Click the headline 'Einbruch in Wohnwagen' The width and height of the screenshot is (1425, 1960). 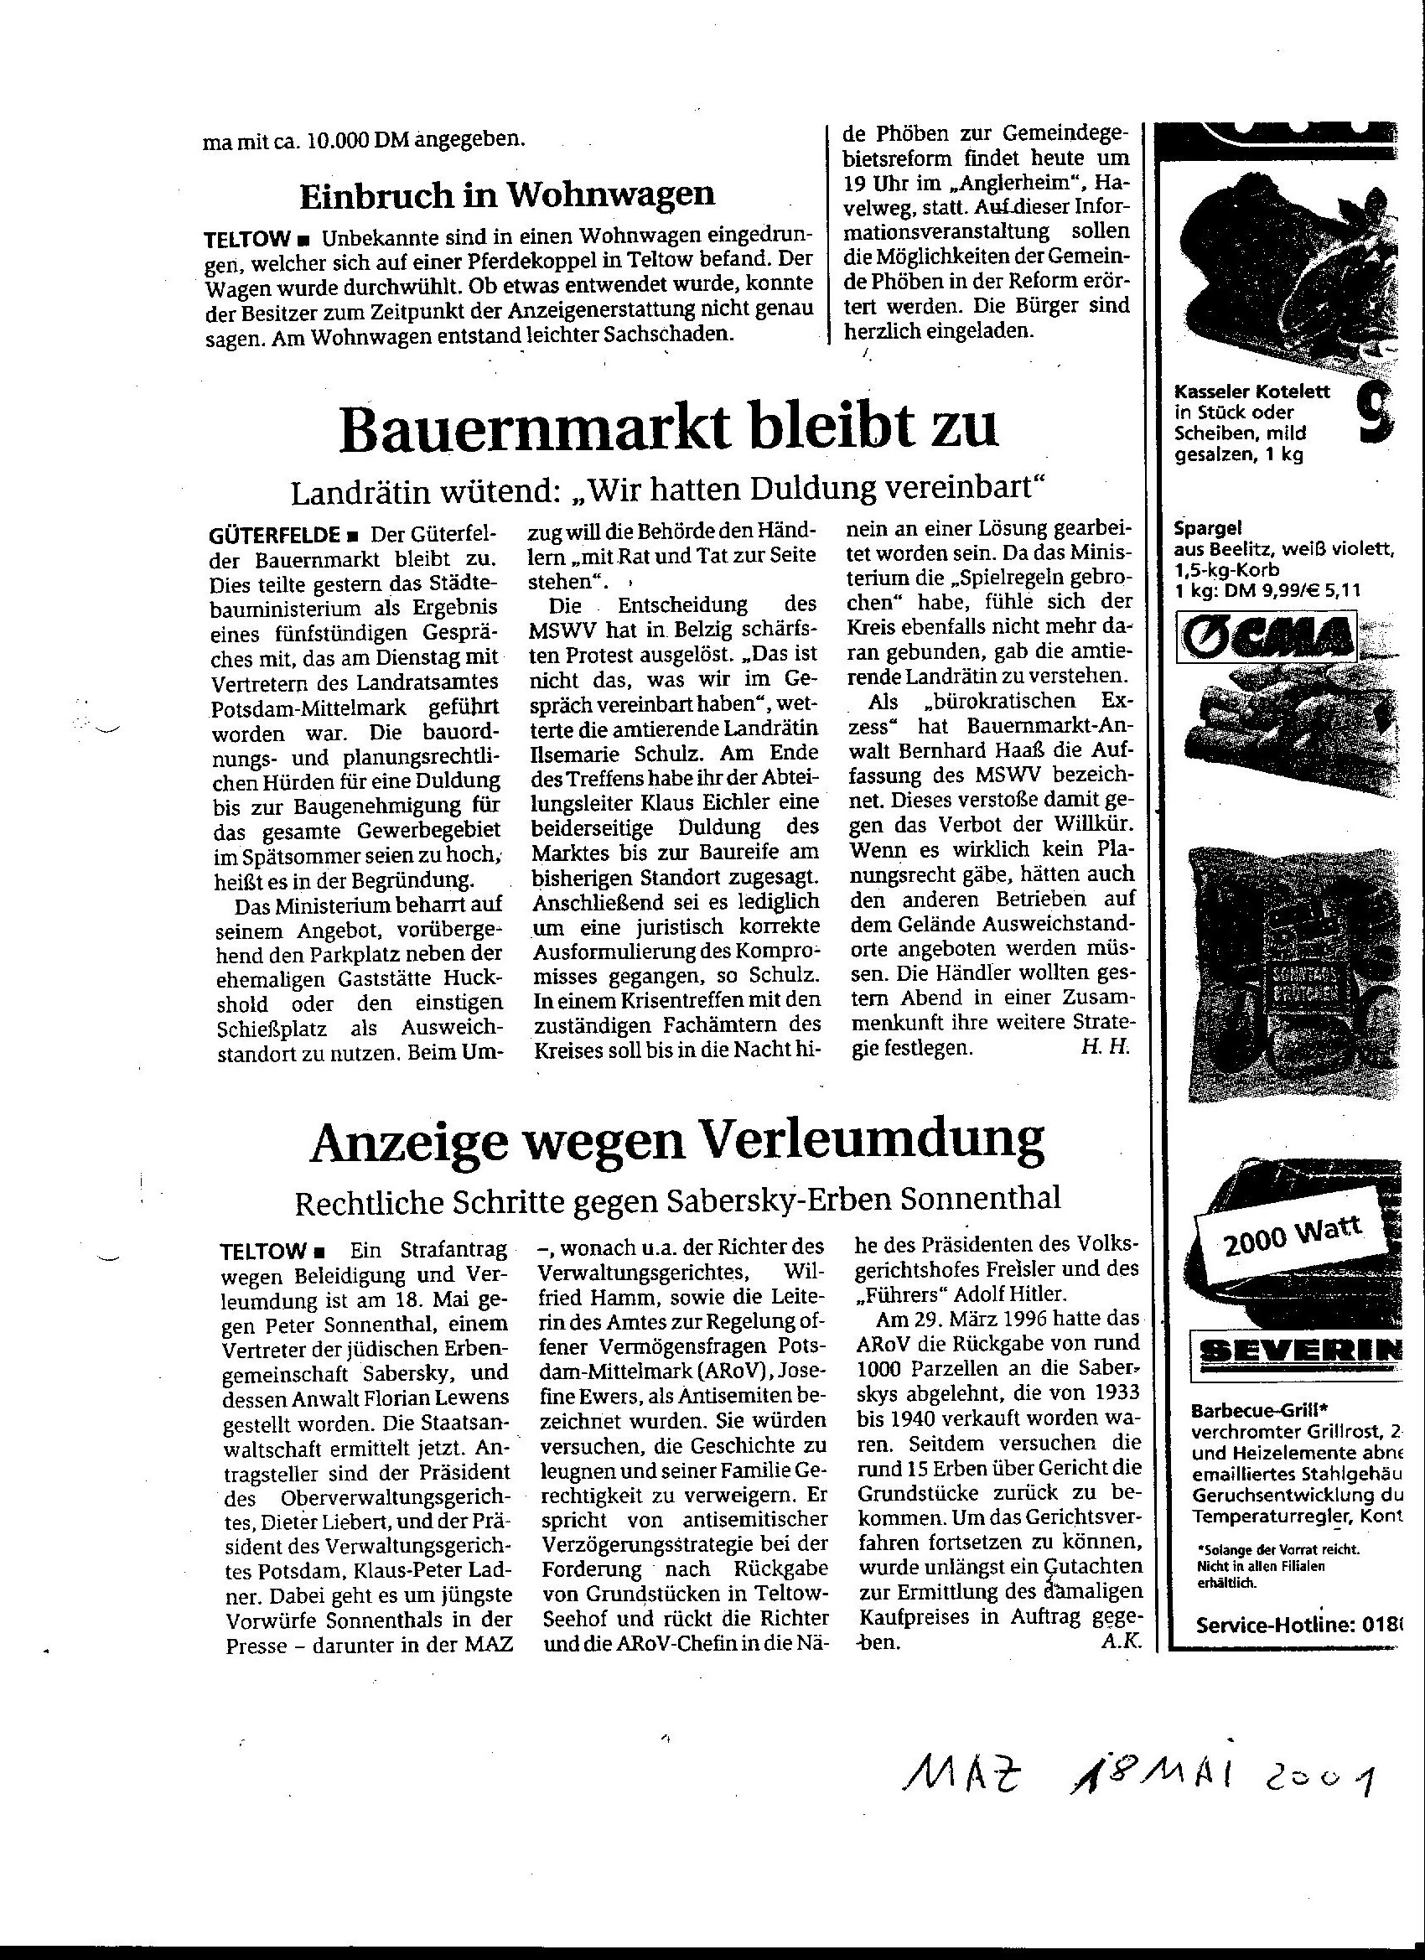tap(507, 196)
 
